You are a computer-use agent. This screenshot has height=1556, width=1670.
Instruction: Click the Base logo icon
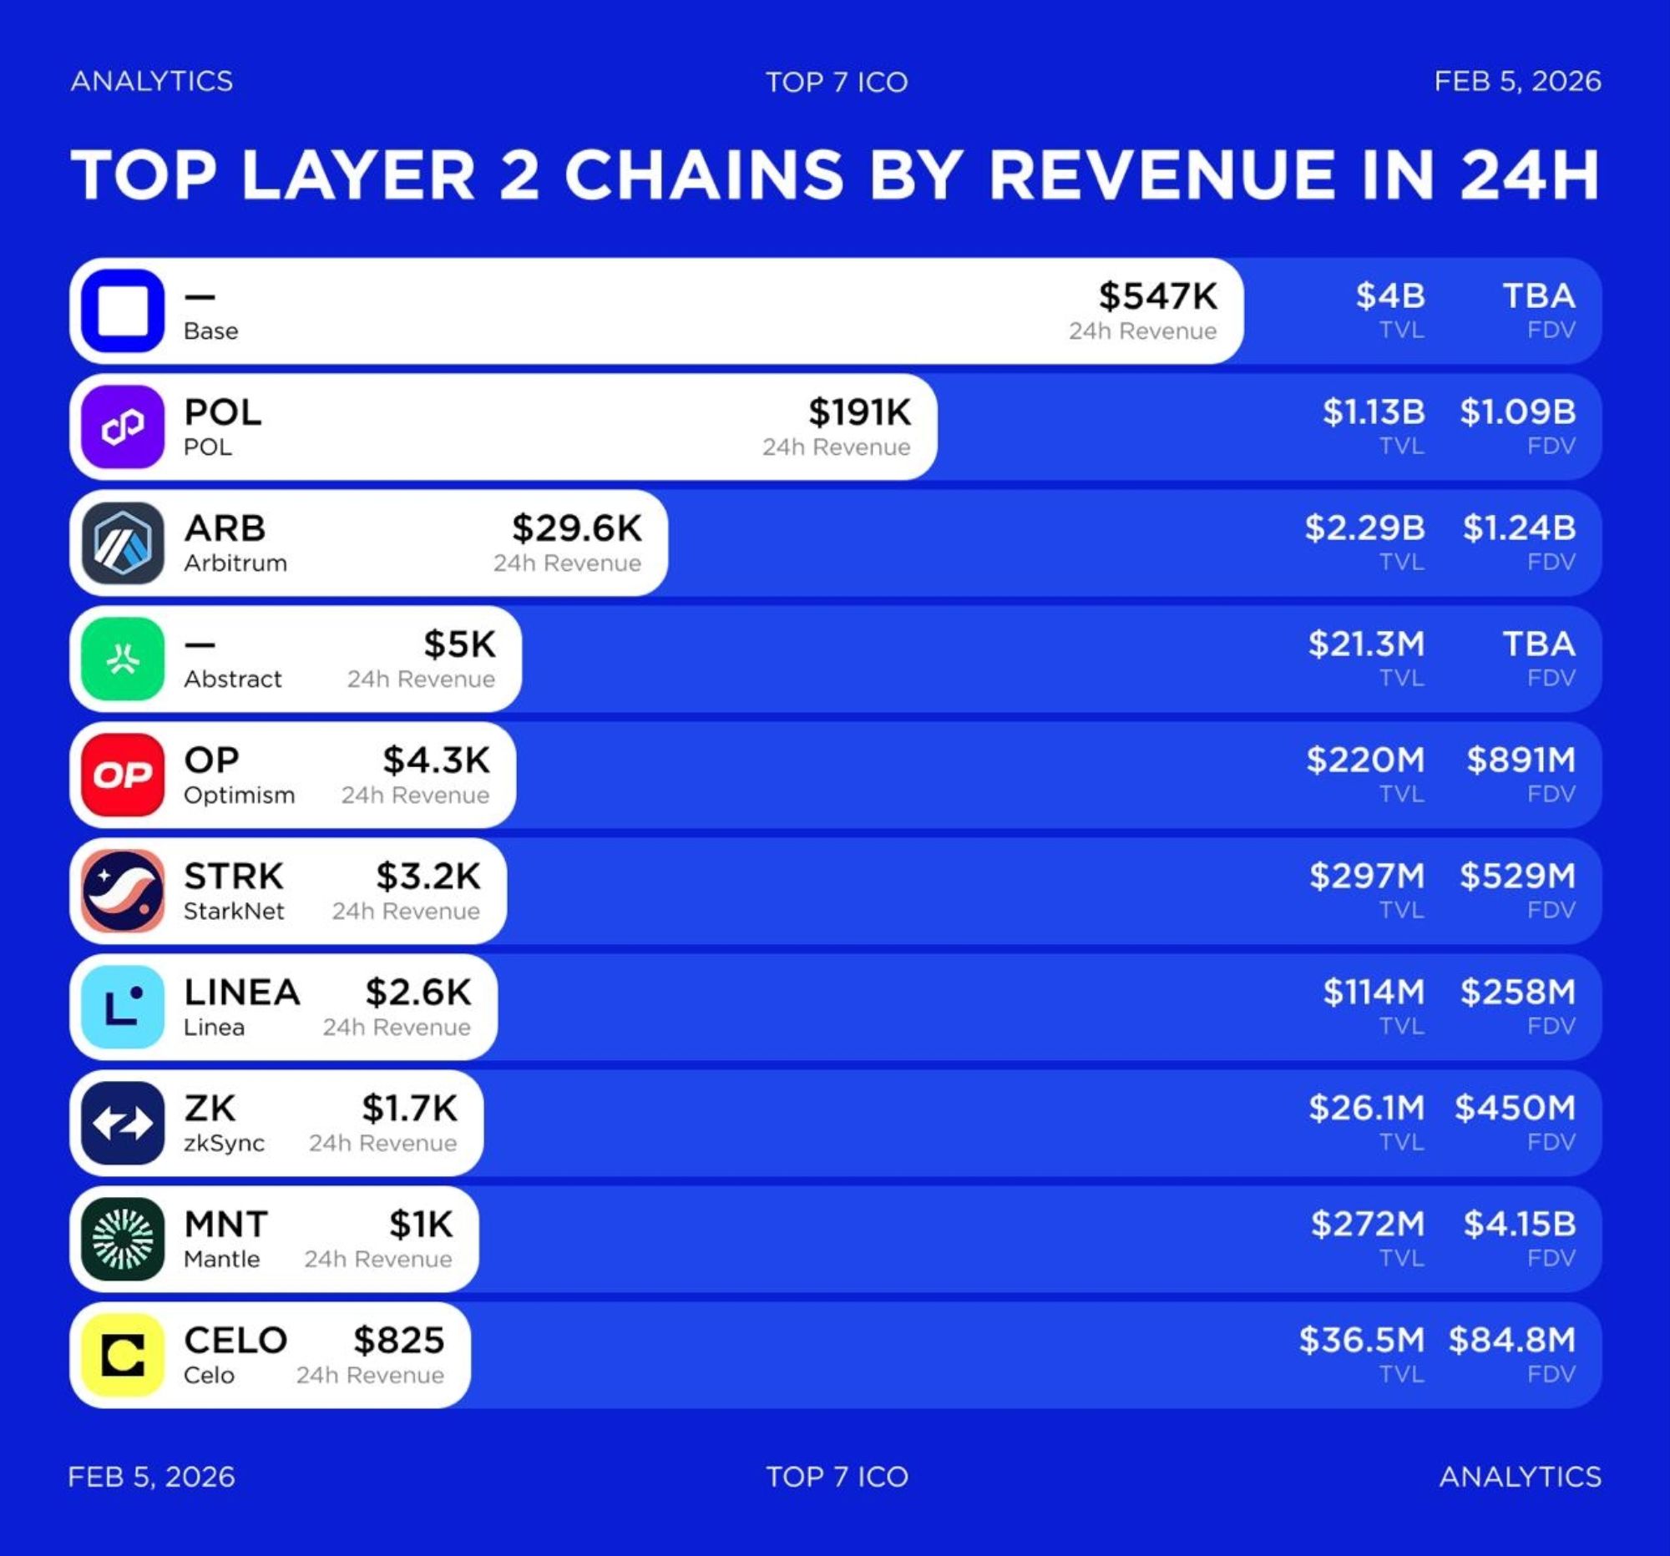123,311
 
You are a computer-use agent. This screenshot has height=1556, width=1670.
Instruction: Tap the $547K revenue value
1157,296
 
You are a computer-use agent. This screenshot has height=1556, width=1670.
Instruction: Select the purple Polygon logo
123,427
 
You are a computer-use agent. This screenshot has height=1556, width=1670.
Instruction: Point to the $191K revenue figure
858,412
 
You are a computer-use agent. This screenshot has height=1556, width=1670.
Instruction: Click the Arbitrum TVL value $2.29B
1364,528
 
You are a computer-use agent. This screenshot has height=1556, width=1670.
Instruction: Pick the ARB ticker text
225,529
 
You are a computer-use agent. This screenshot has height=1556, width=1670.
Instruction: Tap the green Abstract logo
123,659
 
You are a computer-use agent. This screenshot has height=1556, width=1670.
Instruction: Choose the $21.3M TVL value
1366,644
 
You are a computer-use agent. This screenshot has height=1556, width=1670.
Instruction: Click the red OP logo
123,775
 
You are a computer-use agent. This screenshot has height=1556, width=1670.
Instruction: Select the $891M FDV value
1521,760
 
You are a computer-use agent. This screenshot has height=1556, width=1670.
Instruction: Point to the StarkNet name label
234,911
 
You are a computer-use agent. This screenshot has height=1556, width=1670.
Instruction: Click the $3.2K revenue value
428,877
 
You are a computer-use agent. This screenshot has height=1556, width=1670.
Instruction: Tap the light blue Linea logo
123,1007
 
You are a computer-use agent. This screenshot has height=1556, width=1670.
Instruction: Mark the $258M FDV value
1517,993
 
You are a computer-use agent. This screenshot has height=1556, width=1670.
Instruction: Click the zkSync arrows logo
123,1123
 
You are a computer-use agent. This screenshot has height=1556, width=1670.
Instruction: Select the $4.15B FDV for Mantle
1519,1225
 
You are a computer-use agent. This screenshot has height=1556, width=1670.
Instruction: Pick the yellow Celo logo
123,1356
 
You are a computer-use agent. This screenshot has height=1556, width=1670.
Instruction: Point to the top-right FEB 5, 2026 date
1516,82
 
